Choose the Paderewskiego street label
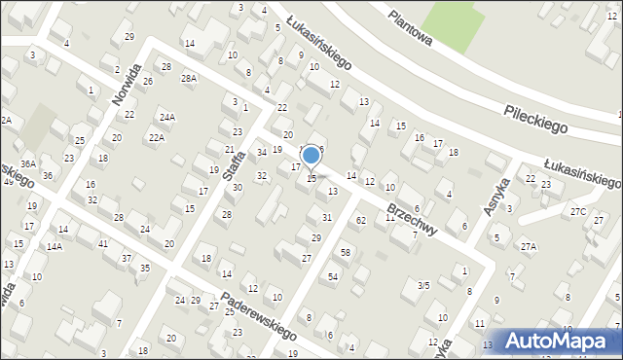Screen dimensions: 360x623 pyautogui.click(x=258, y=316)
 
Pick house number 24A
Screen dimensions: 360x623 pyautogui.click(x=167, y=117)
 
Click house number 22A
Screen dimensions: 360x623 pyautogui.click(x=157, y=138)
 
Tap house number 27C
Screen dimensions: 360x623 pyautogui.click(x=578, y=211)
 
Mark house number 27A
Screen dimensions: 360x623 pyautogui.click(x=529, y=246)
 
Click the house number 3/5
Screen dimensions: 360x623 pyautogui.click(x=422, y=285)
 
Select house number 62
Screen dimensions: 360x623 pyautogui.click(x=360, y=221)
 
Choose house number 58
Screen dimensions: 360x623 pyautogui.click(x=345, y=253)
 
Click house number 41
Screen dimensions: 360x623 pyautogui.click(x=102, y=243)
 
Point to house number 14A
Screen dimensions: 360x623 pyautogui.click(x=55, y=247)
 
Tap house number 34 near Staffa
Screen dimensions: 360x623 pyautogui.click(x=262, y=153)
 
